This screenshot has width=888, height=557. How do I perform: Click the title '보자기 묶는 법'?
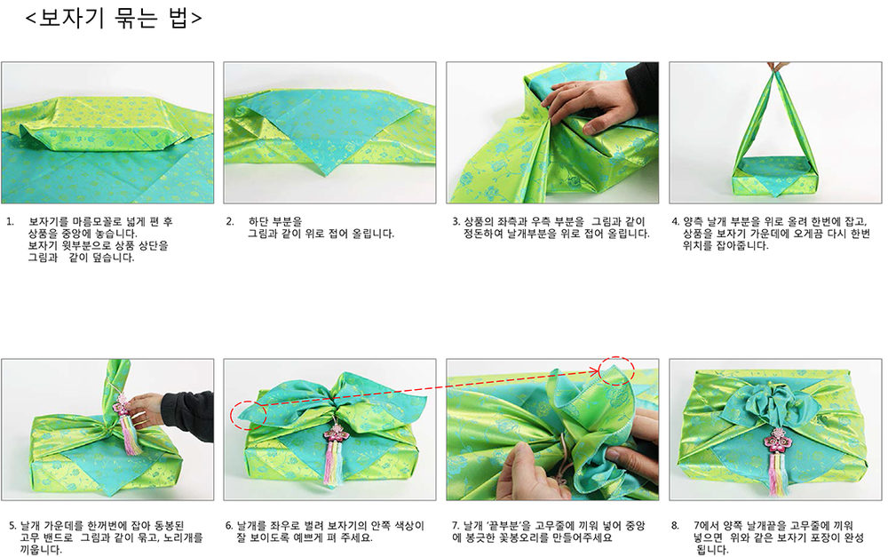(114, 18)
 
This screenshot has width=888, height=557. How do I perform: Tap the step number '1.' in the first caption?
(10, 221)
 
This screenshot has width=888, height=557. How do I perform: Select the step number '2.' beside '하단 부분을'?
(230, 221)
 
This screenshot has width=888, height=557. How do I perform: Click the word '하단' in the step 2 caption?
(258, 221)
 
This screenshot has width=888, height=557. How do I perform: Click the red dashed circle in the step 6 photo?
(249, 416)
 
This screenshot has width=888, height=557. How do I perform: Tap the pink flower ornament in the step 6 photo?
(336, 436)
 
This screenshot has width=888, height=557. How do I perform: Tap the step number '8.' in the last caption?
(675, 525)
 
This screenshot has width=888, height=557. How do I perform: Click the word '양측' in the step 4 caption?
(694, 221)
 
